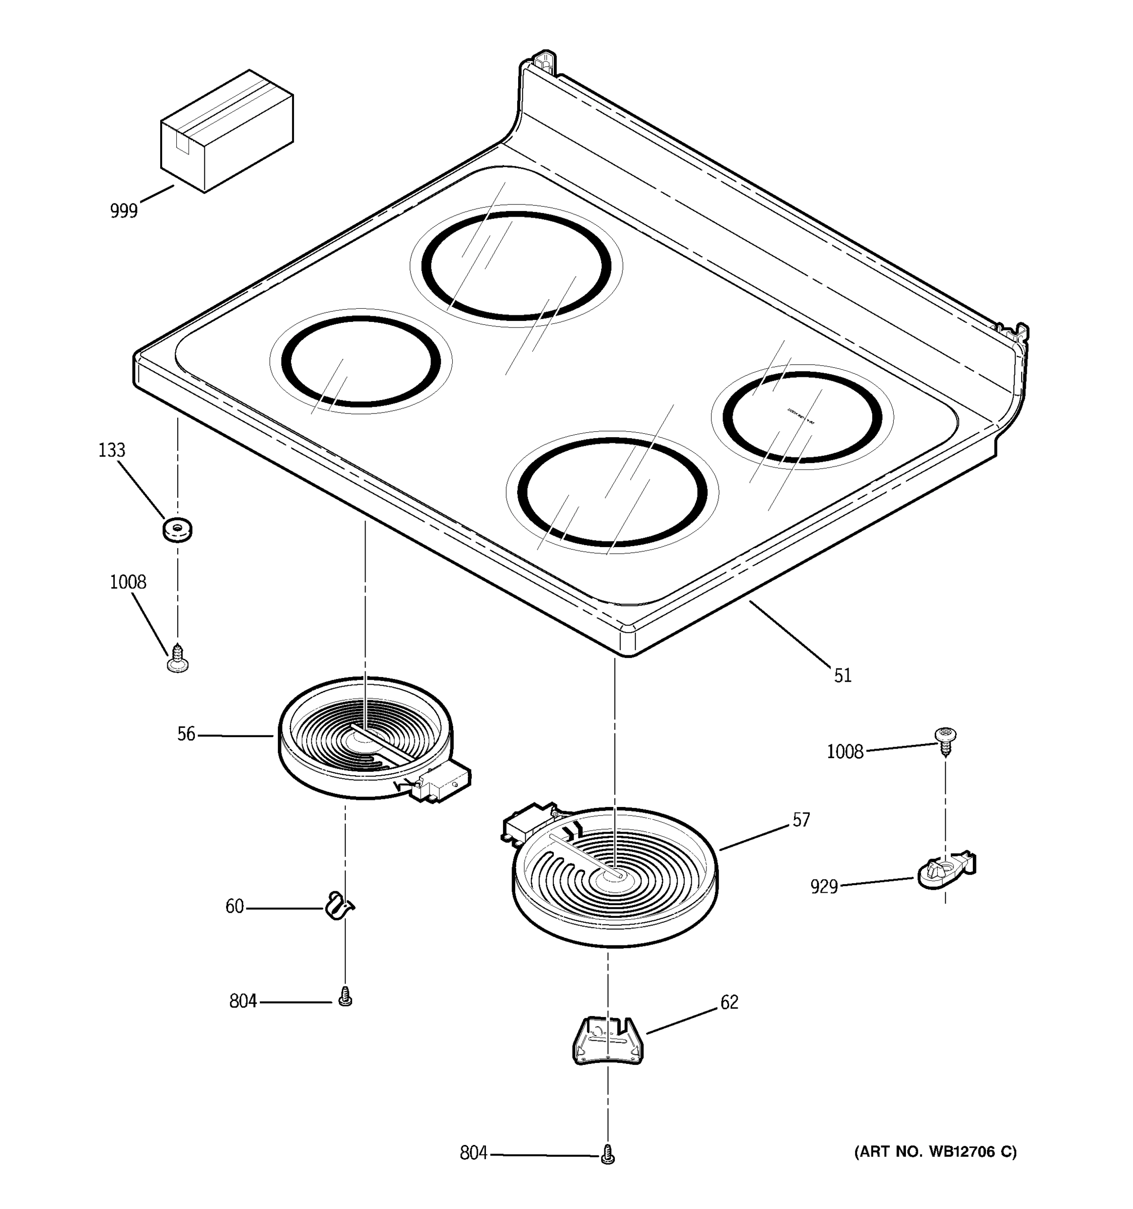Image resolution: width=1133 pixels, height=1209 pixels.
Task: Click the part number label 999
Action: [x=124, y=211]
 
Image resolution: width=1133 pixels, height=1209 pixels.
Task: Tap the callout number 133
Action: [x=112, y=451]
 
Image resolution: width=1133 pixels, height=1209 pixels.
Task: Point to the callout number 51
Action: [x=842, y=676]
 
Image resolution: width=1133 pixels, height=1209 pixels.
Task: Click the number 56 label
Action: [x=186, y=734]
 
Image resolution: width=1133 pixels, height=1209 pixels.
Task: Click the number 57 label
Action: [x=801, y=821]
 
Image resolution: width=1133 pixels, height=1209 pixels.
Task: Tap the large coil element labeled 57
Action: [x=615, y=878]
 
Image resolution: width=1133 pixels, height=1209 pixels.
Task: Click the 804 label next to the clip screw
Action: [x=243, y=1001]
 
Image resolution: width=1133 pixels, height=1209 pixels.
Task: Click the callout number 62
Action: [x=729, y=1002]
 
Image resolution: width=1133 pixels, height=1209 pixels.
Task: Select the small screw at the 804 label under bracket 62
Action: [x=607, y=1154]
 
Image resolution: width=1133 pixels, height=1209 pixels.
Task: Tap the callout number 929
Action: [x=824, y=887]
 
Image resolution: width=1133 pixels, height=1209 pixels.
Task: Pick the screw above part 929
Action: [x=944, y=740]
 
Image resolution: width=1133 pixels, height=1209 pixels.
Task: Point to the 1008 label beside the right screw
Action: [x=844, y=752]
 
